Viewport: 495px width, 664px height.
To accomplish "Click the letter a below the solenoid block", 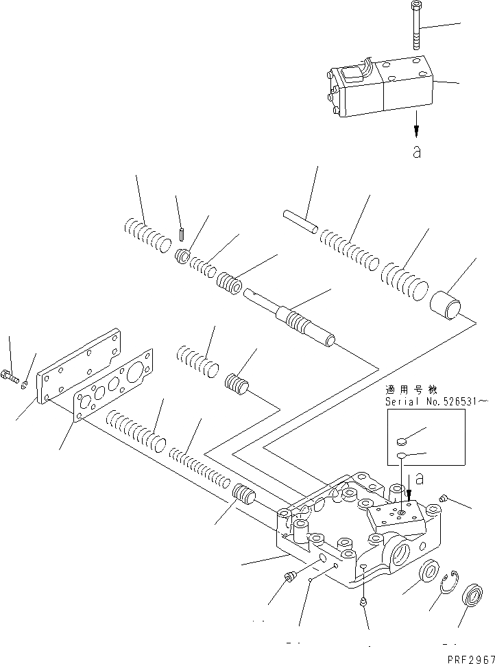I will click(416, 152).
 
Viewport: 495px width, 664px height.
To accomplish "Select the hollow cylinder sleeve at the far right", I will click(447, 304).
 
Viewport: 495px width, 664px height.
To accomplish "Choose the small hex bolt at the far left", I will click(12, 375).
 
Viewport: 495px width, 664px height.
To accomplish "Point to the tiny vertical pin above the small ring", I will click(182, 234).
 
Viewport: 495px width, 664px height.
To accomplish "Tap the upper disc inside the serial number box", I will click(404, 442).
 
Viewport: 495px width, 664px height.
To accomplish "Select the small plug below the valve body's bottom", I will click(363, 602).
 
